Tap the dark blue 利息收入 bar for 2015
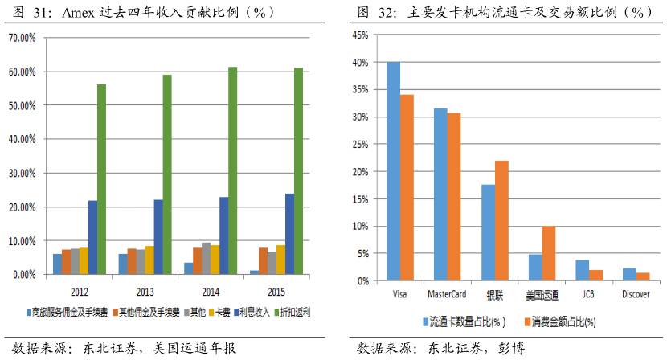[x=267, y=234]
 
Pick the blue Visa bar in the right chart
[x=393, y=172]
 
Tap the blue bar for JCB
[x=582, y=270]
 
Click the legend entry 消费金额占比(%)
[x=563, y=322]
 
